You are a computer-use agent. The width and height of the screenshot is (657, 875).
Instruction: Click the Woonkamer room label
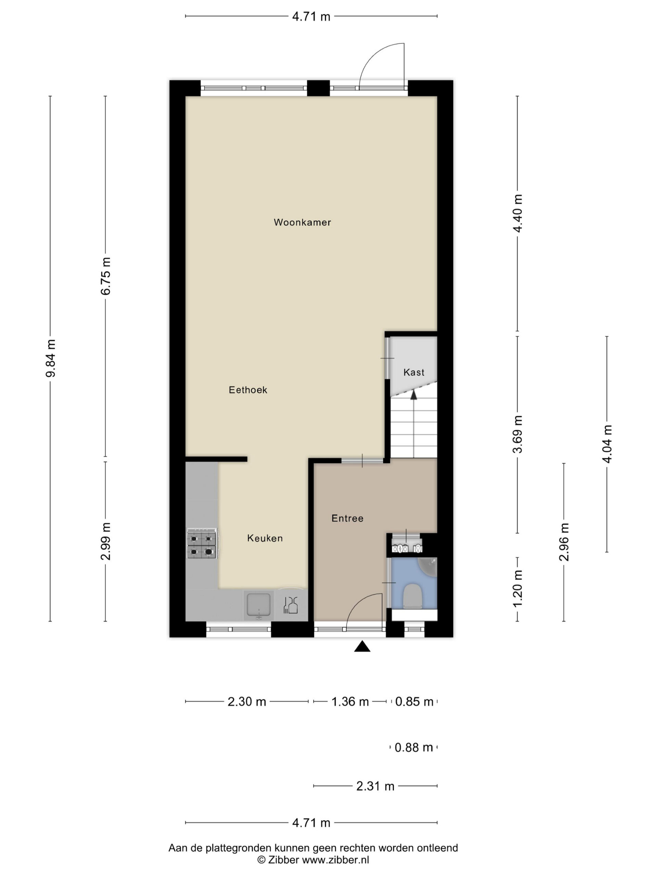click(x=302, y=222)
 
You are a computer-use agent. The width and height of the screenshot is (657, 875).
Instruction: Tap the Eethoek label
click(x=248, y=390)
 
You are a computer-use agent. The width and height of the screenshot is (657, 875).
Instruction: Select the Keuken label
click(x=265, y=538)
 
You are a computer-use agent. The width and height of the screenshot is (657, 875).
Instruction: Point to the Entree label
click(x=347, y=518)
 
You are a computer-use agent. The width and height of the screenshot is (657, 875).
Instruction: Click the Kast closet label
click(x=414, y=372)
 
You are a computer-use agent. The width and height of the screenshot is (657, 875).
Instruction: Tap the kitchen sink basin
click(x=259, y=604)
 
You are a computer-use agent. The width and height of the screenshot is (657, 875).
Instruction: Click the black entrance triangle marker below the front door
click(x=362, y=646)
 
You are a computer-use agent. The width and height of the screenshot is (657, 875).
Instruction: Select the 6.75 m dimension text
click(x=105, y=276)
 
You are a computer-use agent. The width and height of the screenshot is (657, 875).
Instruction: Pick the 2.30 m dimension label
click(x=247, y=702)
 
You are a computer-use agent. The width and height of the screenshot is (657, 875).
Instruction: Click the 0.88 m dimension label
click(x=414, y=747)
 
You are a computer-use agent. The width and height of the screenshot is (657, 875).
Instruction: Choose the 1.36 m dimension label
click(x=350, y=702)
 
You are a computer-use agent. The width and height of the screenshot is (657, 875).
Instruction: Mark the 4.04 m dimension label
click(x=607, y=444)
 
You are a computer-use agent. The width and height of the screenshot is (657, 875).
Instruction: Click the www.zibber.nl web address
click(x=335, y=859)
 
